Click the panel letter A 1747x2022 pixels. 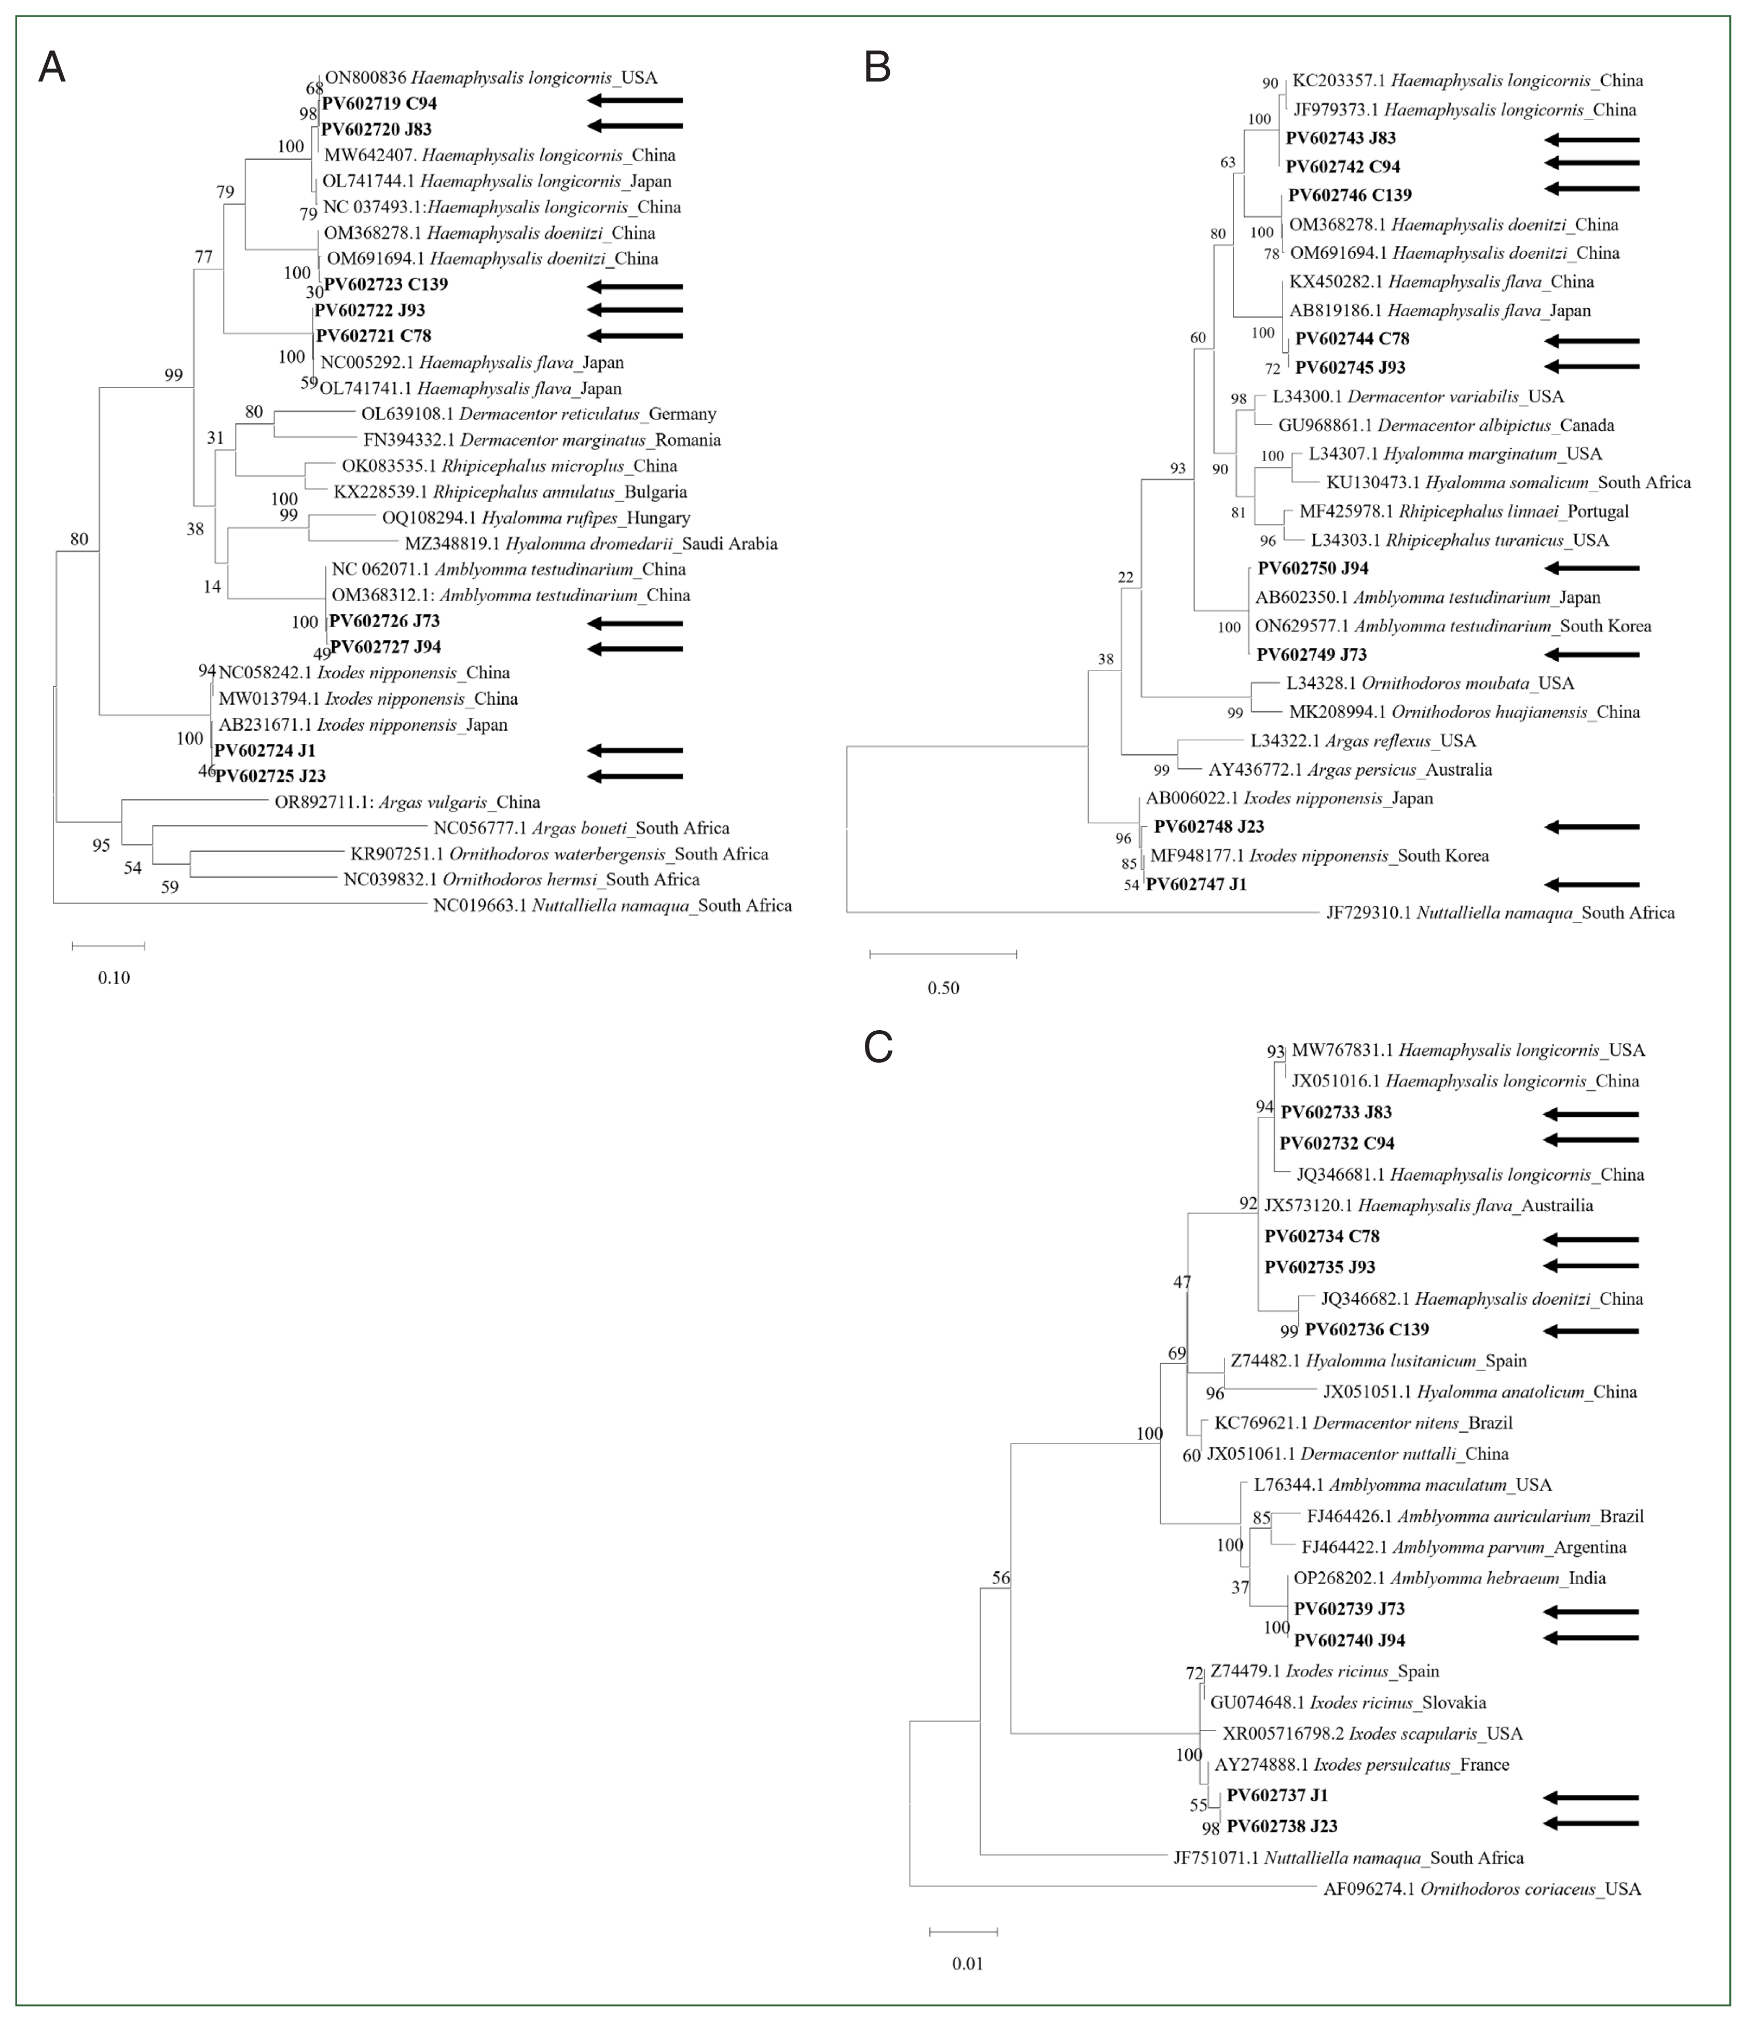52,68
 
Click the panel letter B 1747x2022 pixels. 877,68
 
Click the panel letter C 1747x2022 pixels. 878,1047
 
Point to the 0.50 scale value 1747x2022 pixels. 943,988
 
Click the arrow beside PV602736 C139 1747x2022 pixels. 1591,1330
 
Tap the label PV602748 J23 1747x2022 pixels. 1208,826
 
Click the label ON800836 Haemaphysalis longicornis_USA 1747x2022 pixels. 491,77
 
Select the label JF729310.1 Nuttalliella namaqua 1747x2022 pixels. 1500,912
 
